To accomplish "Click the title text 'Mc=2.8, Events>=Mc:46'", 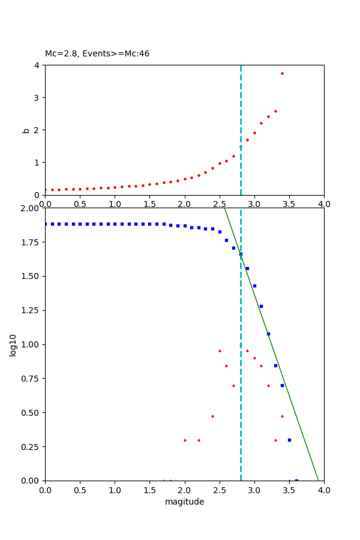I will click(97, 54).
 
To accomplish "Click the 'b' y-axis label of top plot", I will click(26, 130).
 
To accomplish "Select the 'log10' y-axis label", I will click(13, 344).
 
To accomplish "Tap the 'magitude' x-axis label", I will click(184, 502).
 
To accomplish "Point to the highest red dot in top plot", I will click(282, 73).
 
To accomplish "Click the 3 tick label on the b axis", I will click(37, 98).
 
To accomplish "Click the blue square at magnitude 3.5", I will click(289, 440).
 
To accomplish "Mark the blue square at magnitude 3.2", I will click(268, 334).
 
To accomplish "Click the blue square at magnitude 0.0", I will click(46, 224).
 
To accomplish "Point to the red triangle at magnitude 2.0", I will click(185, 440).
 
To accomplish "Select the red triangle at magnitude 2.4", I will click(212, 416).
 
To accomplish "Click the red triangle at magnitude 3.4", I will click(282, 416).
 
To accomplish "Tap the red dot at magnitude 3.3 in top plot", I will click(275, 111).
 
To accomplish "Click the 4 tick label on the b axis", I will click(37, 65).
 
